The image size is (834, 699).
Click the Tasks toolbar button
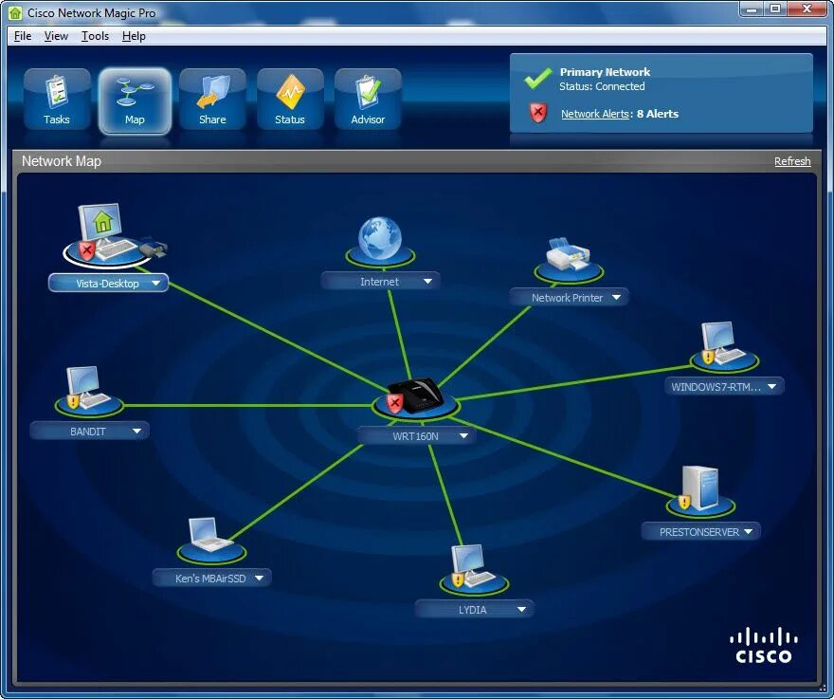[57, 100]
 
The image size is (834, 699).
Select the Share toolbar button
[212, 100]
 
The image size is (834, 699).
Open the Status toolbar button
[290, 100]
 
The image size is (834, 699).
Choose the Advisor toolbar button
[368, 100]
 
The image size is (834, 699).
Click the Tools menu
[95, 36]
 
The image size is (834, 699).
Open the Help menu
[134, 36]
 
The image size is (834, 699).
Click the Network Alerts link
[594, 114]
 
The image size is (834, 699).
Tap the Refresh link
[792, 161]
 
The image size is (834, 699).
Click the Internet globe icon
[380, 239]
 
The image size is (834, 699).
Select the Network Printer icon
[568, 256]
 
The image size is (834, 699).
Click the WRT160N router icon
[416, 394]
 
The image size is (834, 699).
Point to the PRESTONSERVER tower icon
[700, 488]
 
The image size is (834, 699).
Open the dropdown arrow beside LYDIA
[521, 610]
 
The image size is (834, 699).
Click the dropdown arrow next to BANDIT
[136, 431]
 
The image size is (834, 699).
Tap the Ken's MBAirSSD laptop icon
[210, 536]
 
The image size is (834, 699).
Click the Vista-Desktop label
[107, 284]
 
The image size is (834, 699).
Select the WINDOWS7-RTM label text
[716, 387]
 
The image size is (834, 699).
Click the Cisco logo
[763, 645]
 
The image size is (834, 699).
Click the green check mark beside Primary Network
[538, 77]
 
